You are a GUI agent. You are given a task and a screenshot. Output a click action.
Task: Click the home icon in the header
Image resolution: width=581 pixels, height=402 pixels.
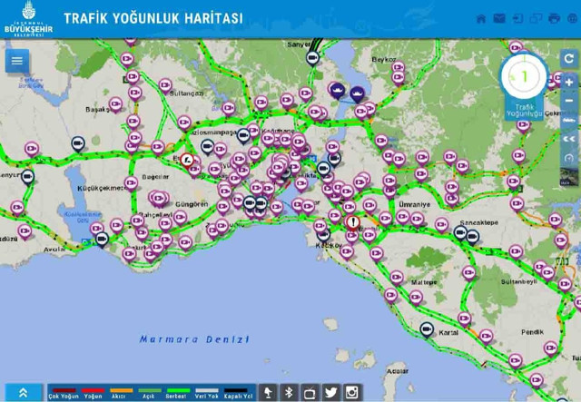(481, 18)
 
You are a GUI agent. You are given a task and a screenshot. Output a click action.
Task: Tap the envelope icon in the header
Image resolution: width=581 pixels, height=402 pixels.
(499, 18)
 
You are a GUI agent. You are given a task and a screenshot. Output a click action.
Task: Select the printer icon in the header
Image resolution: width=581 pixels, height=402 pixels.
(555, 18)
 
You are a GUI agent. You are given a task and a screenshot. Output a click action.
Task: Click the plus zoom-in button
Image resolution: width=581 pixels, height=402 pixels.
(569, 82)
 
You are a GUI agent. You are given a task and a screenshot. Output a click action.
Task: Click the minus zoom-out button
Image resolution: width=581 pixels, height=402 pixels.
(569, 101)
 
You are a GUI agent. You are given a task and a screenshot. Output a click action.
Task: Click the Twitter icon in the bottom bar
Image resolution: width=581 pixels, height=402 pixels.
(330, 392)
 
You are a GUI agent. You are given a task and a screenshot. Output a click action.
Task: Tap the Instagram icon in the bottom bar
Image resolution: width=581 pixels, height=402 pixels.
(351, 392)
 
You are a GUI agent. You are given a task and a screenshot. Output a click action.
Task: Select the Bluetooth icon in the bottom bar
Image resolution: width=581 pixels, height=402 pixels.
(289, 392)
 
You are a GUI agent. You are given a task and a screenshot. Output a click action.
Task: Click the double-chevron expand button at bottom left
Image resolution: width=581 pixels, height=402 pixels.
(23, 392)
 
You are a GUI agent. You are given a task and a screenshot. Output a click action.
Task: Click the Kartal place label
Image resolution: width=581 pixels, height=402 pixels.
(448, 332)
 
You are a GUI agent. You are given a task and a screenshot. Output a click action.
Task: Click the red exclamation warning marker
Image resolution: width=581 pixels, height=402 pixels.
(352, 222)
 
